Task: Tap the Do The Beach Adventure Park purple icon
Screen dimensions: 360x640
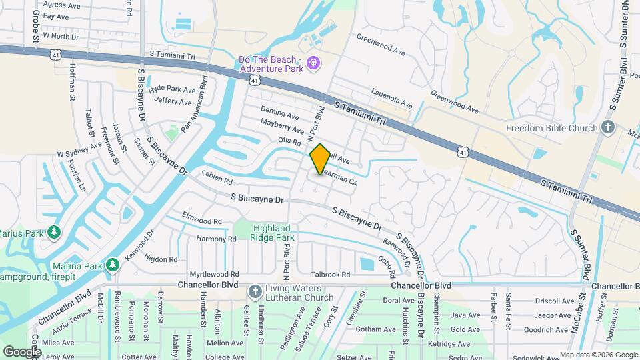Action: coord(313,64)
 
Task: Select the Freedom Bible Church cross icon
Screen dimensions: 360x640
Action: coord(607,127)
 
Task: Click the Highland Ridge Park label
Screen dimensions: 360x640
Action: coord(273,233)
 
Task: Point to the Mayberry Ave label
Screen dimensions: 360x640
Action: coord(282,126)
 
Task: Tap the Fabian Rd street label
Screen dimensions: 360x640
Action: coord(217,179)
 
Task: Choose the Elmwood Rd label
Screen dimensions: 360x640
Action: coord(201,220)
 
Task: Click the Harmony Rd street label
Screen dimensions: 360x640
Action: coord(216,238)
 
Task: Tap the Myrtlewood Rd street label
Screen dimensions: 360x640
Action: coord(214,274)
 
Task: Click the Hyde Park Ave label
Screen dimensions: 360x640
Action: coord(173,89)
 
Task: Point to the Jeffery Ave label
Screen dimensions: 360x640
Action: coord(173,101)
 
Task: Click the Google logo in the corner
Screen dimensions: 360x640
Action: coord(22,351)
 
